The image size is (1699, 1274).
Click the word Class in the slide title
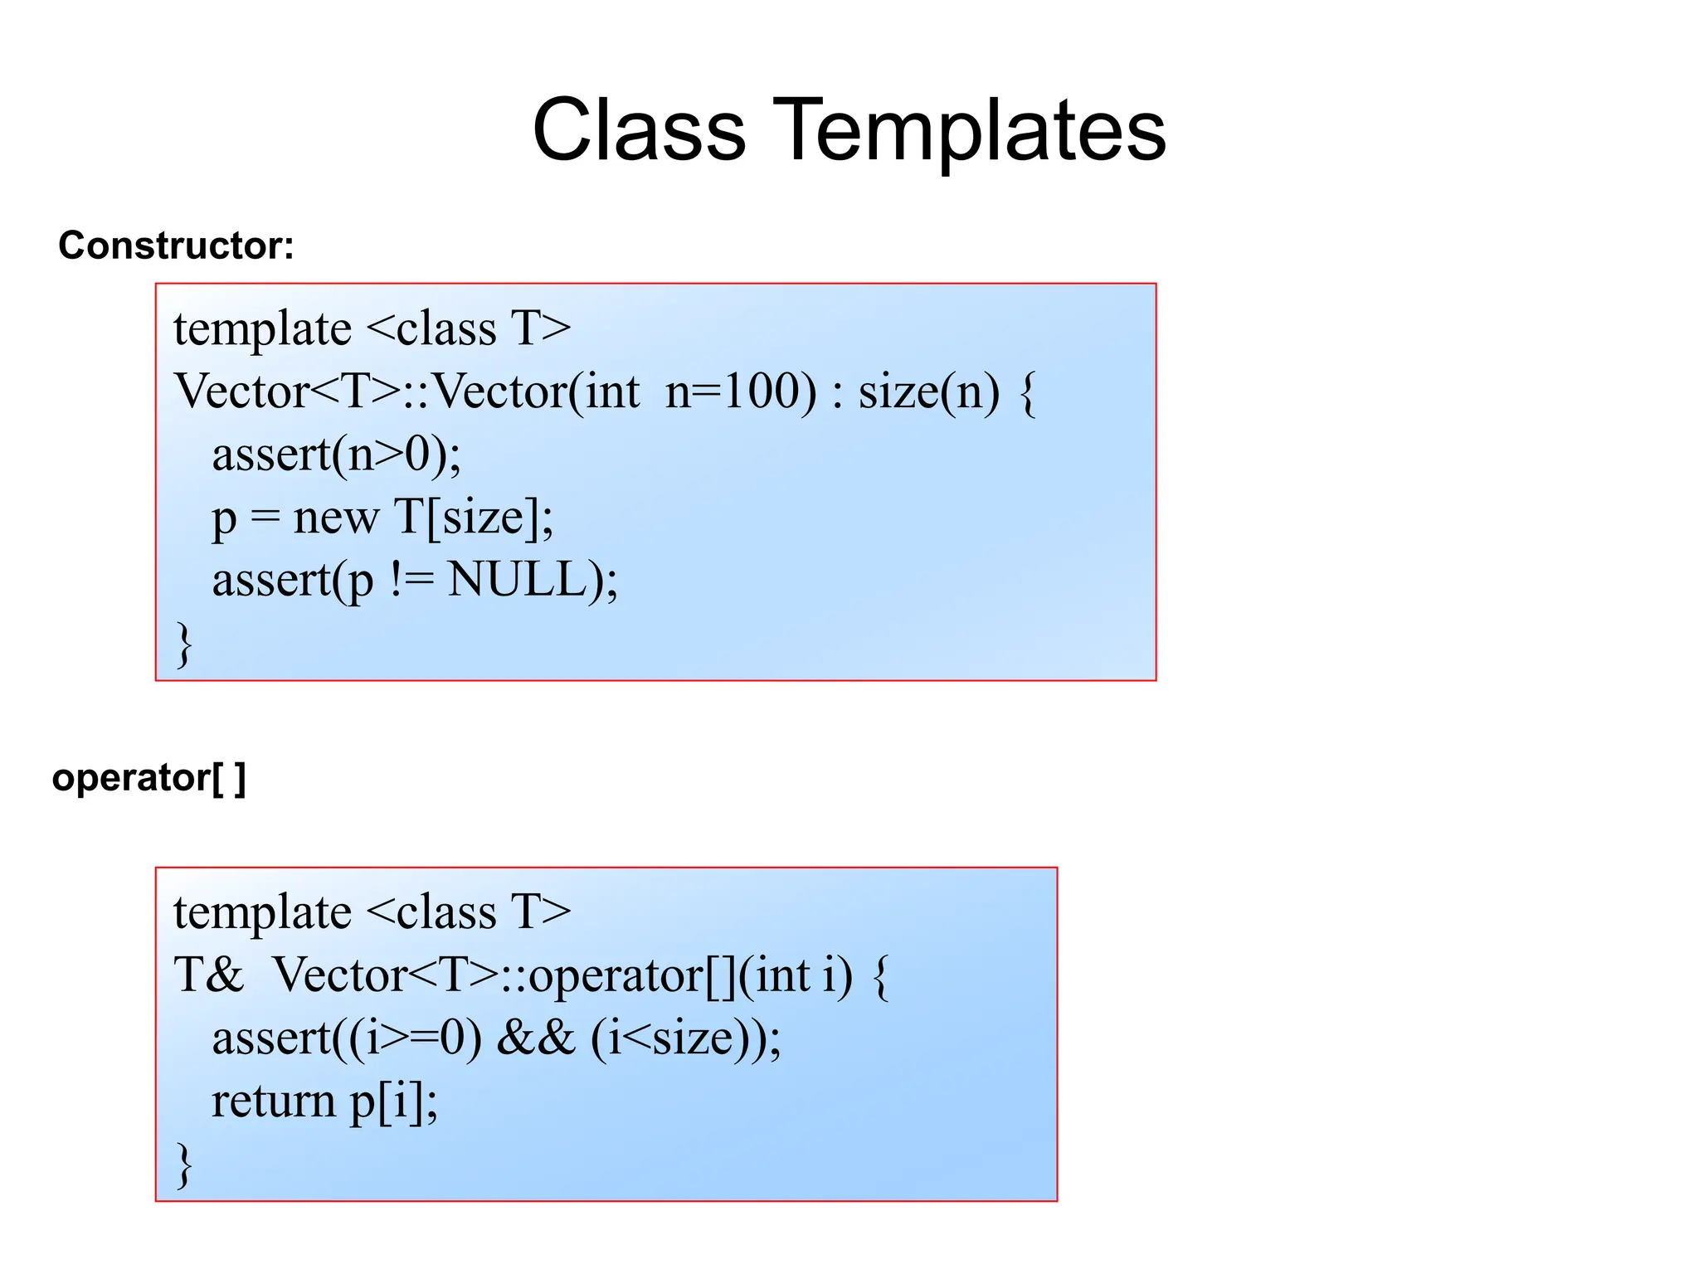pos(639,130)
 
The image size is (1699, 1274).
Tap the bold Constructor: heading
pos(176,246)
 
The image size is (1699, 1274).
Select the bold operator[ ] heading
pos(148,778)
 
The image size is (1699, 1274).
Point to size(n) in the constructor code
pos(928,391)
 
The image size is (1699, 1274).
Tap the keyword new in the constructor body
pos(336,517)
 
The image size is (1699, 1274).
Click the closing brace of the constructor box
pos(184,644)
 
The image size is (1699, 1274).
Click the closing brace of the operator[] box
pos(184,1165)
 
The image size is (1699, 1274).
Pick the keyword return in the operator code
pos(273,1101)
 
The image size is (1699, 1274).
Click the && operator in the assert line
pos(535,1038)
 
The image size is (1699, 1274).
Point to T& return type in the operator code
pos(208,975)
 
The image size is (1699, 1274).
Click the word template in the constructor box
pos(262,329)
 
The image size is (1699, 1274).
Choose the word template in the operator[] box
pos(262,913)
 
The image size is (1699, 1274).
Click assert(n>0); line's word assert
pos(271,455)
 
